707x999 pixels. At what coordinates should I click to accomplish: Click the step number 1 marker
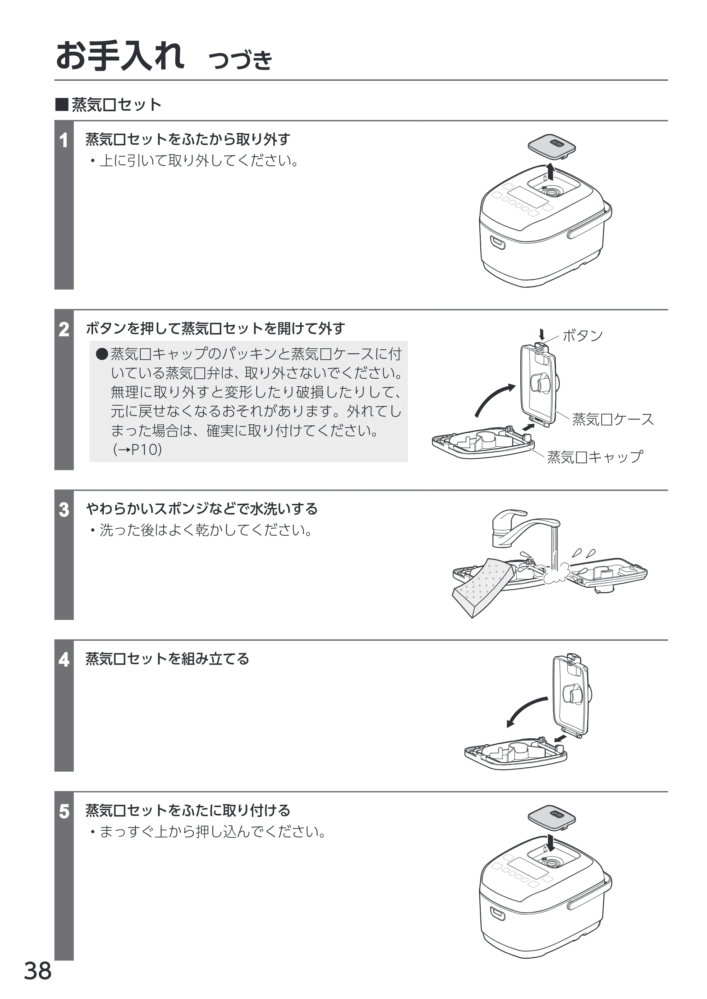coord(64,141)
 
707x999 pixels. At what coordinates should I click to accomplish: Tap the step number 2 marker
coord(64,330)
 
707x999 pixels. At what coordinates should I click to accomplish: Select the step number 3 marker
coord(64,510)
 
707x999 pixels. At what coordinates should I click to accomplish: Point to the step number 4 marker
coord(64,660)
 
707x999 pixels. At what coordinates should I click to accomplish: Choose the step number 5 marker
coord(64,812)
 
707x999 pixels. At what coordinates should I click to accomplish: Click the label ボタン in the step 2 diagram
coord(583,336)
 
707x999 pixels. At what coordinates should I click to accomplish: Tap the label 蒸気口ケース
coord(613,419)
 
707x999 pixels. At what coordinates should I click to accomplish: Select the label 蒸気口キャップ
coord(595,457)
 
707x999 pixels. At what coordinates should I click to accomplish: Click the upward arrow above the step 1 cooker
coord(551,172)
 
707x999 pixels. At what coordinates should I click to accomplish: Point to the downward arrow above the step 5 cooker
coord(551,843)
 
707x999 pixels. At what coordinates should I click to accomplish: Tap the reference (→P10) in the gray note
coord(138,449)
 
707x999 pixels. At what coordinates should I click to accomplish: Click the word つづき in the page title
coord(240,60)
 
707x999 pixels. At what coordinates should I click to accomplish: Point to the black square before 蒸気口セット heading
coord(62,105)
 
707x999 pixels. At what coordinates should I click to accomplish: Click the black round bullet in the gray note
coord(102,354)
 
